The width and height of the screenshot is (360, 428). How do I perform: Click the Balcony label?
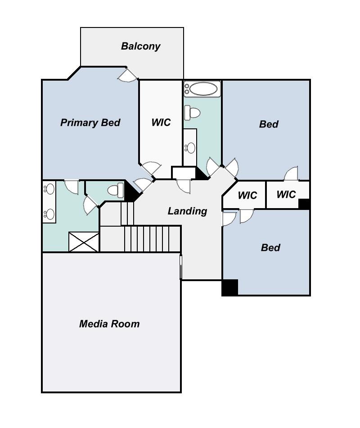point(140,46)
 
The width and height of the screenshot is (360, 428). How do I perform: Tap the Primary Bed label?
point(90,123)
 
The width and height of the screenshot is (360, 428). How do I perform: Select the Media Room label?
point(109,324)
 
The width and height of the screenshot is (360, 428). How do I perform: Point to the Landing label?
point(187,211)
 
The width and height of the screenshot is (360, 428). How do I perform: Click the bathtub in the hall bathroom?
point(202,89)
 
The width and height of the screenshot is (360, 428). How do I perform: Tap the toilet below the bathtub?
point(192,113)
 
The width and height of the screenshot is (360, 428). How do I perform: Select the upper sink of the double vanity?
point(49,189)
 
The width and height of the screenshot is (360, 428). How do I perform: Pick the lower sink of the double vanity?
point(49,214)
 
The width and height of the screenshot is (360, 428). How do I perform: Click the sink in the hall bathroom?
point(190,148)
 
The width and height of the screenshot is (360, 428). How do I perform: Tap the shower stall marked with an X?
point(83,241)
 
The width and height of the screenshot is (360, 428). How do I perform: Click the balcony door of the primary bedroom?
point(128,75)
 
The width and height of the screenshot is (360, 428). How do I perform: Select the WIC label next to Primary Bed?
point(161,122)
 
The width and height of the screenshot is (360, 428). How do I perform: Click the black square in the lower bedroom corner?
point(229,287)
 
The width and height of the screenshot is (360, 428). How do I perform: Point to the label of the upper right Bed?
point(269,124)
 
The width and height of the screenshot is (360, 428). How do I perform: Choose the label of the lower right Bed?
point(270,248)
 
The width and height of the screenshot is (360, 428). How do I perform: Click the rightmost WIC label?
point(286,194)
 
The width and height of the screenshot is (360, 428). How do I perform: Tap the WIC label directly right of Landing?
point(247,195)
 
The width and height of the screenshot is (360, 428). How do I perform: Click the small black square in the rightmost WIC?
point(304,204)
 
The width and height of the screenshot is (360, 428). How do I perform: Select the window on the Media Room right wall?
point(180,267)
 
